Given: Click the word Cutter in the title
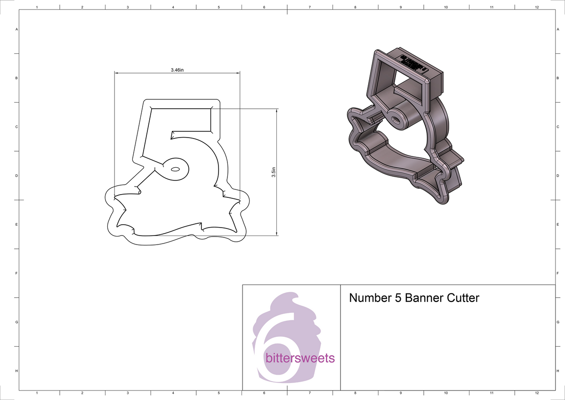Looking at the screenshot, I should (463, 298).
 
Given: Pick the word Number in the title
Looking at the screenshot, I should (368, 298).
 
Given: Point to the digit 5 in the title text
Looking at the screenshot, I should (396, 298).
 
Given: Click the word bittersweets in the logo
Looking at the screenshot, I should (300, 358).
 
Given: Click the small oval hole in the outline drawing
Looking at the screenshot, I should (175, 169).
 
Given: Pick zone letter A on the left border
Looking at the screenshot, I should (17, 29).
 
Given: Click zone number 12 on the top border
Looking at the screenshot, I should (537, 8).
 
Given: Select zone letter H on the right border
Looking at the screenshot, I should (557, 371).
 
